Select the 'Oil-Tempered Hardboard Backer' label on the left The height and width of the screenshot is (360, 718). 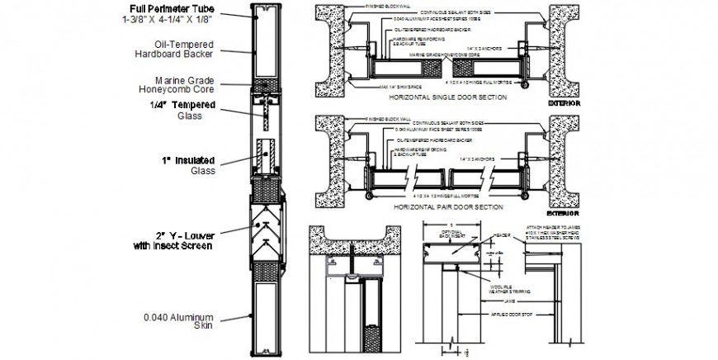(174, 49)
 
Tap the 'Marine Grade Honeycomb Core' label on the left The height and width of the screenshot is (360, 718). (179, 86)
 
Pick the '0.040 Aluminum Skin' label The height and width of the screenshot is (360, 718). (179, 321)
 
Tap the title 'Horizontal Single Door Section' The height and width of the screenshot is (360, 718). (435, 97)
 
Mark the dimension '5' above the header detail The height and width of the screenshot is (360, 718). (446, 224)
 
